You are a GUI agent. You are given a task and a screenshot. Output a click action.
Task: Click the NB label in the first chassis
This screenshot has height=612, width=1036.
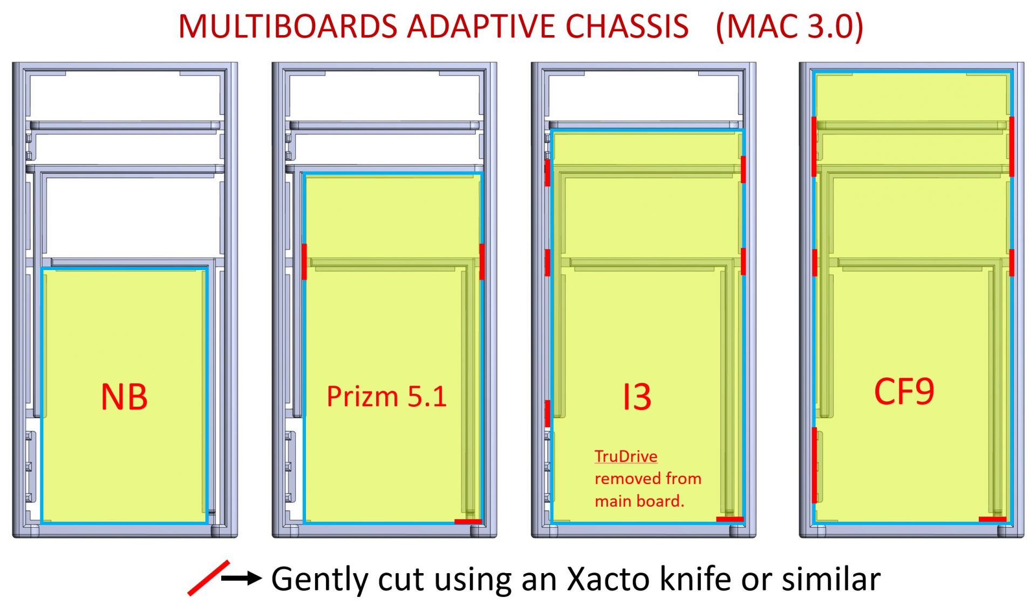coord(124,397)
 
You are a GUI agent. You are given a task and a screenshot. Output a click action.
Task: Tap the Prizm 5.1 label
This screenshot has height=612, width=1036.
coord(386,396)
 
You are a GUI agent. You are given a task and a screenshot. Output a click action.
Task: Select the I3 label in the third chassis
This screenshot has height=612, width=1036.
coord(637,397)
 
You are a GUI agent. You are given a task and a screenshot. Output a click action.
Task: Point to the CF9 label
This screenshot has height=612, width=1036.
coord(904,392)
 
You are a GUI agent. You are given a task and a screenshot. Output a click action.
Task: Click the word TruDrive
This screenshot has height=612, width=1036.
coord(626,456)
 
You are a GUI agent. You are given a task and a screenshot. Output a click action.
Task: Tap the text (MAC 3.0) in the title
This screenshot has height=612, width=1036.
coord(789,26)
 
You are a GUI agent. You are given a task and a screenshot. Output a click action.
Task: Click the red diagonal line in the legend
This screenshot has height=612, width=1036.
coord(208,578)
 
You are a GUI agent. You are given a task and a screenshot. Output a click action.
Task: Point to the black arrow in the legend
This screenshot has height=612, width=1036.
coord(241,579)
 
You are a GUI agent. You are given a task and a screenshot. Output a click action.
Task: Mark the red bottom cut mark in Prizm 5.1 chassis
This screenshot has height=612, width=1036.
coord(468,521)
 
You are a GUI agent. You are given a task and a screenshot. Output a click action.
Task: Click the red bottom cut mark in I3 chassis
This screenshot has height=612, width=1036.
coord(730,519)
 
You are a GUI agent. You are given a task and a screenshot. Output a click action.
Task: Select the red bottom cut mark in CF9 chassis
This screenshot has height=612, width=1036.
coord(992,519)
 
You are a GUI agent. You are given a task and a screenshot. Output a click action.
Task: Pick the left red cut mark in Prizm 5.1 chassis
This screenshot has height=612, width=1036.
coord(304,261)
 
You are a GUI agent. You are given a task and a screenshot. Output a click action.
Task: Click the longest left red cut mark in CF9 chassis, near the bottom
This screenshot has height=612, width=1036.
coord(814,465)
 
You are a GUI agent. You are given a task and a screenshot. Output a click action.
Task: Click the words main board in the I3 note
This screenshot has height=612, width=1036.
coord(638,501)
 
